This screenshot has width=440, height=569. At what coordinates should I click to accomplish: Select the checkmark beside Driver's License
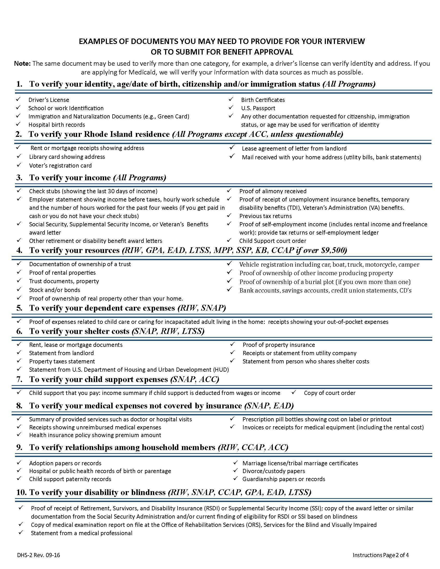(18, 99)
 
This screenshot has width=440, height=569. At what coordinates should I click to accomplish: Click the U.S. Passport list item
(258, 108)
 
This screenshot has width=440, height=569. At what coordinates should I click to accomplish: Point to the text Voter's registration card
(60, 166)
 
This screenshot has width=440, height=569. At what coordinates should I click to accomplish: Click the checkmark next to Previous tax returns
(229, 215)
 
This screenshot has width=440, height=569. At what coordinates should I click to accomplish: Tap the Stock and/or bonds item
(54, 290)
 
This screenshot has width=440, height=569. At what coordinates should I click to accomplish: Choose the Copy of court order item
(329, 393)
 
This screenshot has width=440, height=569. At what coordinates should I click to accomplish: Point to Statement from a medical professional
(81, 533)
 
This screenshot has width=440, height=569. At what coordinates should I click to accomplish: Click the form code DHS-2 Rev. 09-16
(39, 555)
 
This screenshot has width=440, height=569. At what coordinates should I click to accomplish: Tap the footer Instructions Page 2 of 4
(380, 555)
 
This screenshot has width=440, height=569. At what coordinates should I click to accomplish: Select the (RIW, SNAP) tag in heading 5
(201, 308)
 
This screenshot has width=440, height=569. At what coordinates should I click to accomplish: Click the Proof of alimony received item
(273, 191)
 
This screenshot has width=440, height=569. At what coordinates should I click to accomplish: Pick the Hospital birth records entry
(57, 125)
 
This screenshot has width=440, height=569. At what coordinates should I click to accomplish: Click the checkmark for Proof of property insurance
(232, 345)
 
